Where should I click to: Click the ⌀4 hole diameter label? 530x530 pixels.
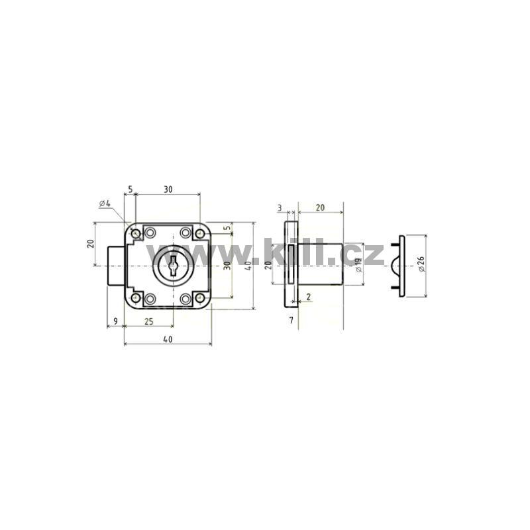click(105, 203)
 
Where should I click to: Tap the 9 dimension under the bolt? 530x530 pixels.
click(115, 321)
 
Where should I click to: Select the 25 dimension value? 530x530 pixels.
click(148, 321)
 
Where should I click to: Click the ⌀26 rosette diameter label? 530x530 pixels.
click(421, 264)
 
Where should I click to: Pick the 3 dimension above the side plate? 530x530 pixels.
click(280, 208)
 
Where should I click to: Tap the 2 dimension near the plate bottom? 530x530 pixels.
click(308, 297)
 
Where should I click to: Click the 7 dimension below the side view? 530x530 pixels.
click(291, 321)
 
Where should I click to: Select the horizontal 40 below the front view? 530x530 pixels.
click(168, 339)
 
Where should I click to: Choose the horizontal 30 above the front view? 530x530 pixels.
click(168, 189)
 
